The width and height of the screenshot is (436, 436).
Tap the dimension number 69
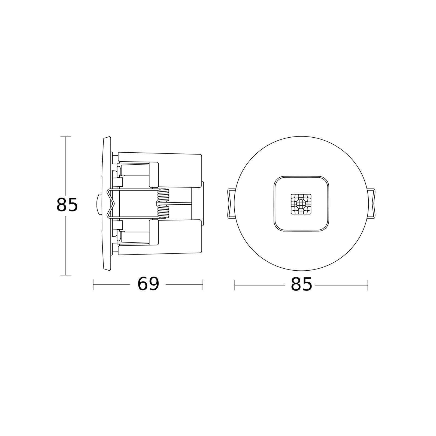coord(148,284)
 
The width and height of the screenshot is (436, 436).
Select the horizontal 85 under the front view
coord(301,284)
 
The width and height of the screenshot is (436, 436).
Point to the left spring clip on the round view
coord(231,203)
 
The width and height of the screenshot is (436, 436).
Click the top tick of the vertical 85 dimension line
coord(66,137)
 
